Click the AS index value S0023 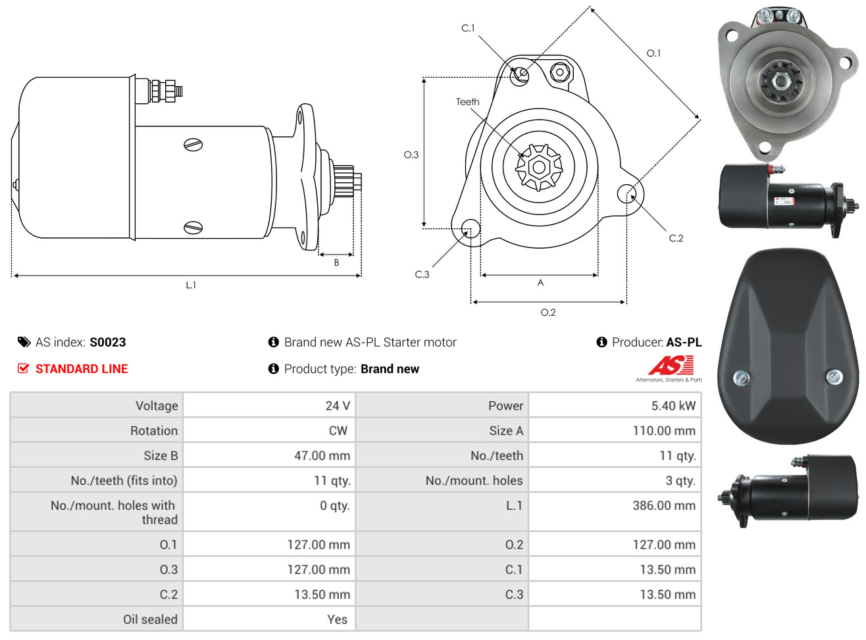107,342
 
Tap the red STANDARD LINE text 81,369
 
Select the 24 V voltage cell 338,406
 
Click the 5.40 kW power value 673,406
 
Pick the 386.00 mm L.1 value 664,505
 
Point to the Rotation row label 154,430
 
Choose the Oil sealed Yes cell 337,620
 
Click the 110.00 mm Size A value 664,430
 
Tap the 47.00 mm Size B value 322,455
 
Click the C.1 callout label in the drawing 468,28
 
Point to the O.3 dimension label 411,155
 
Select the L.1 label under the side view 191,285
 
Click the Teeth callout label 468,102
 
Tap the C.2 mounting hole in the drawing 626,194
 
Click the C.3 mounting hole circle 471,228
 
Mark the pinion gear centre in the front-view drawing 539,168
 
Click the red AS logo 671,365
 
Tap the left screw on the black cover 741,378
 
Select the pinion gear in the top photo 781,82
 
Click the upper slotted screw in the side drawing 193,145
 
